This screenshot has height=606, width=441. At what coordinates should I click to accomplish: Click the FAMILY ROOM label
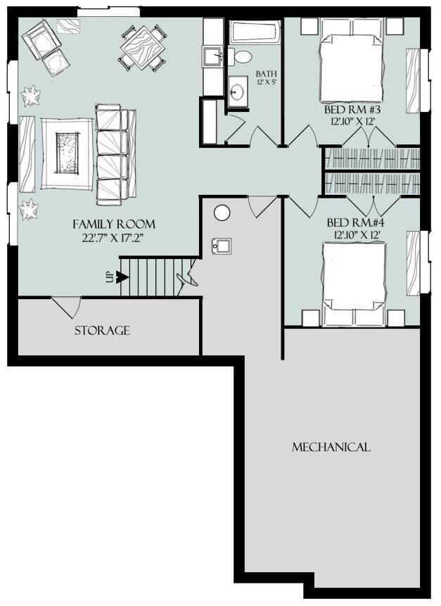tap(114, 224)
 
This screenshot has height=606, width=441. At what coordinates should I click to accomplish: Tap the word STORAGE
tap(102, 330)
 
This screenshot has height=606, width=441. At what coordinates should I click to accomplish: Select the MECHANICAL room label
tap(331, 447)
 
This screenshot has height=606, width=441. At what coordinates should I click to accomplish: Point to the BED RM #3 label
tap(354, 111)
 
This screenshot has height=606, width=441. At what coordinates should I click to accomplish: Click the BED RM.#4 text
tap(354, 222)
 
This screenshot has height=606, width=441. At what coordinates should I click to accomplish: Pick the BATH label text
tap(266, 74)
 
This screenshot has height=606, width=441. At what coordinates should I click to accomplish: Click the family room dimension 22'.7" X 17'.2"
tap(114, 239)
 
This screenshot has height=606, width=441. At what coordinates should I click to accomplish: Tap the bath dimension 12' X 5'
tap(266, 84)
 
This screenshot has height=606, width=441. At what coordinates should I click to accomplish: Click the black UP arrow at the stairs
tap(122, 277)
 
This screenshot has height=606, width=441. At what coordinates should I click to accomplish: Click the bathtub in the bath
tap(255, 32)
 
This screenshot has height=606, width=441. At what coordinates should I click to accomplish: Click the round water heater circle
tap(222, 212)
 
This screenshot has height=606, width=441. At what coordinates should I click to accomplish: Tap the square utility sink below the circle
tap(222, 246)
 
